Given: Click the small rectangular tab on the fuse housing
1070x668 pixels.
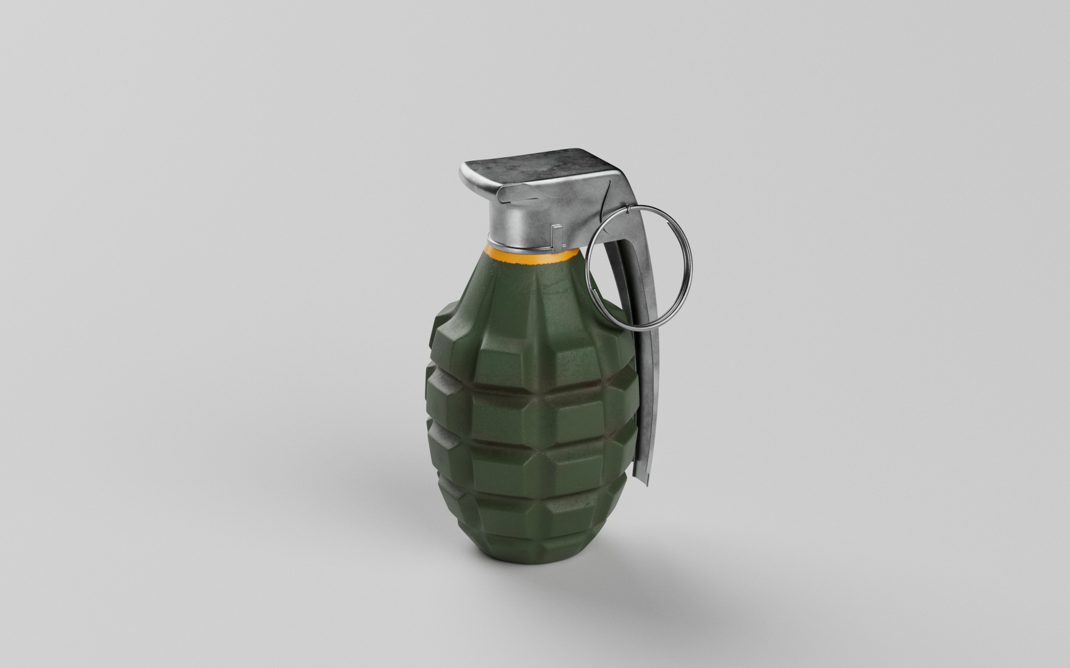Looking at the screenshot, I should click(555, 236).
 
